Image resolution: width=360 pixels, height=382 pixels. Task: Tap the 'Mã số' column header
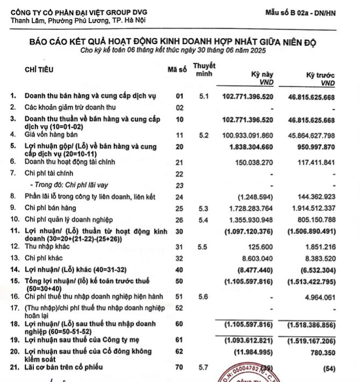pos(177,69)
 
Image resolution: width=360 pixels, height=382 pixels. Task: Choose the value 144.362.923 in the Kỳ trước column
pos(314,197)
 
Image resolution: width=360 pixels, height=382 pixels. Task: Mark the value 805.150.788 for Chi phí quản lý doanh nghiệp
pos(314,220)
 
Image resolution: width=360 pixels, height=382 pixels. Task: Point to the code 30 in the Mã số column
pos(180,231)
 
